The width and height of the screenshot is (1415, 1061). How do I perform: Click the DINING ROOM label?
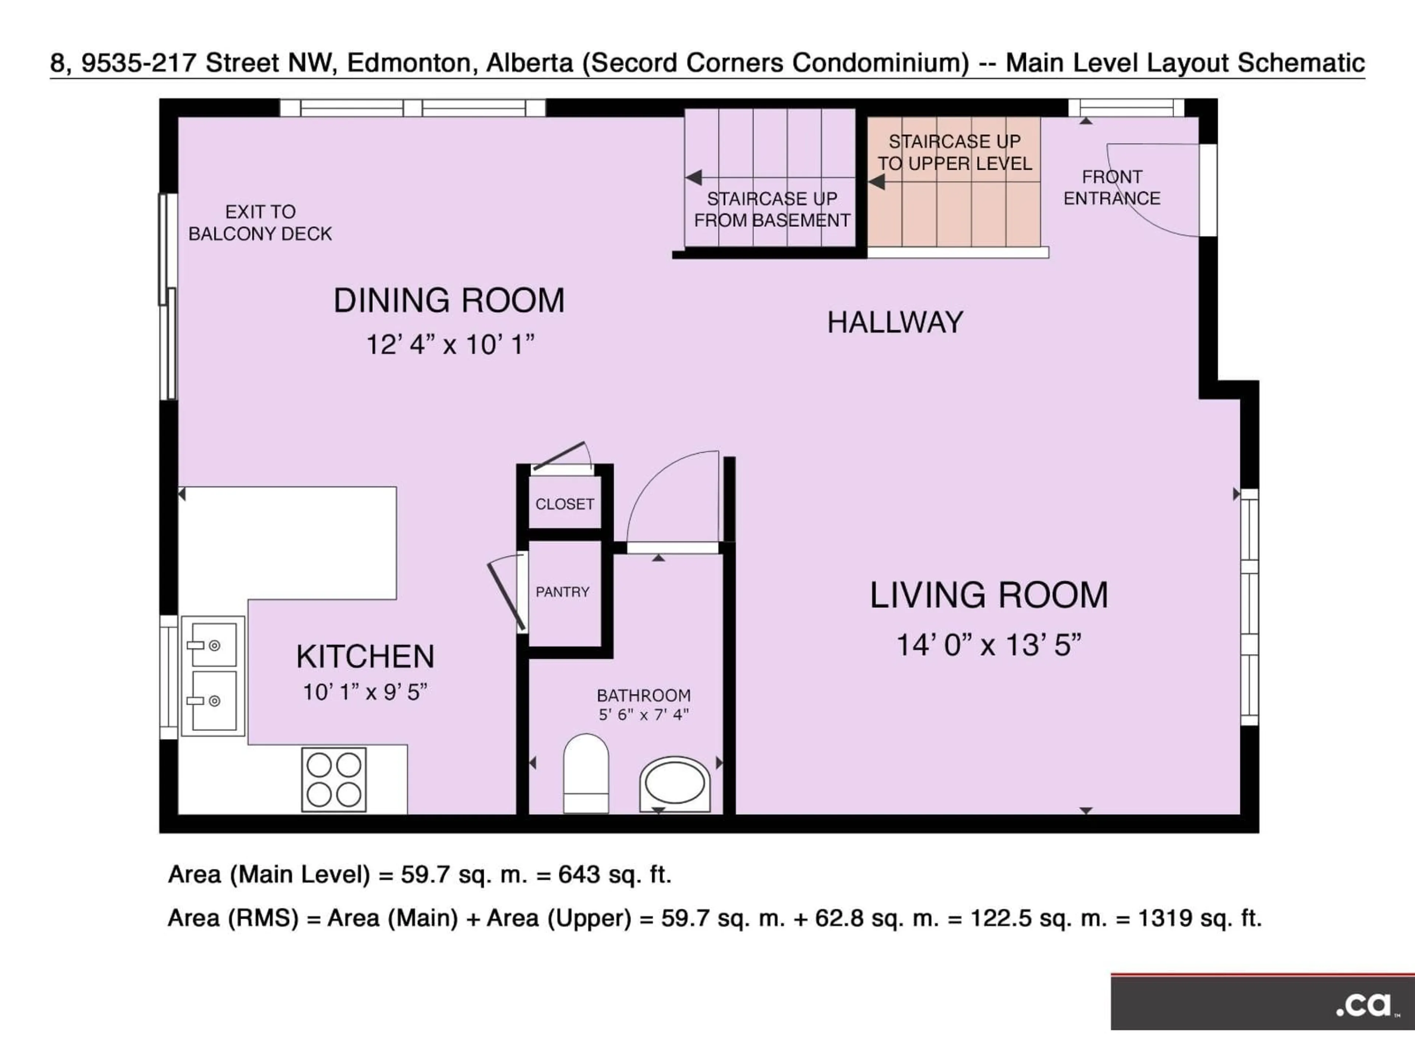(449, 301)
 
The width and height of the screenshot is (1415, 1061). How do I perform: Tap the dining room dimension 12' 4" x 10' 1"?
(450, 345)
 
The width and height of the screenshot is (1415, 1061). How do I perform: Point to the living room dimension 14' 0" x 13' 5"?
(988, 645)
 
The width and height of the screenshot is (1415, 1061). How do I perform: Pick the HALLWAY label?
(895, 322)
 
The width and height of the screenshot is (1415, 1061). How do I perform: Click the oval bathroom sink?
(675, 784)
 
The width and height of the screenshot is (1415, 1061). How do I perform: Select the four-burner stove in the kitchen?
(334, 780)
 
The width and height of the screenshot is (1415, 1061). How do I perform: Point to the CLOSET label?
(564, 504)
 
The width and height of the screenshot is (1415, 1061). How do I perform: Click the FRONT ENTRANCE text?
(1112, 188)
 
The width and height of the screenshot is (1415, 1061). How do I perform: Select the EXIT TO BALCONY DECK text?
(260, 223)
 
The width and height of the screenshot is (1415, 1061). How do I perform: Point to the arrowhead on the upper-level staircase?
(876, 182)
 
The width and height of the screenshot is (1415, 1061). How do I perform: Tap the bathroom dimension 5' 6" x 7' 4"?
(643, 714)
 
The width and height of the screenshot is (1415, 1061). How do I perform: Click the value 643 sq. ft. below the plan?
(614, 874)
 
